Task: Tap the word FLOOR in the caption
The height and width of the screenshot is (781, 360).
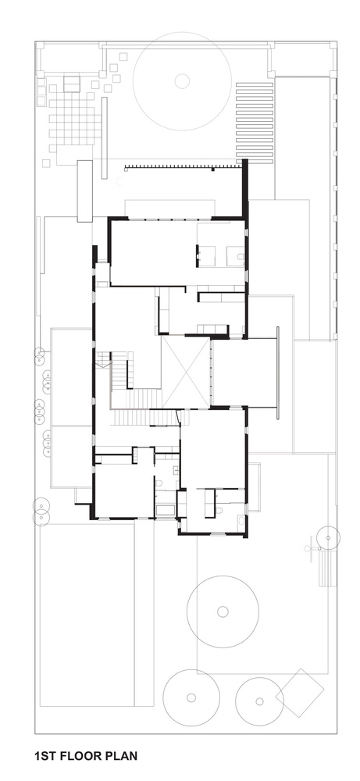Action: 80,756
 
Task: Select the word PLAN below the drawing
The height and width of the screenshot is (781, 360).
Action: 120,756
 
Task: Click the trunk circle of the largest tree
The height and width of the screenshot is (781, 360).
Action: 182,80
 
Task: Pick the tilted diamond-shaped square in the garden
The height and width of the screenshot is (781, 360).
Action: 300,693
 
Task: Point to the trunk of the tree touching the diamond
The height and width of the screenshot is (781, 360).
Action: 259,701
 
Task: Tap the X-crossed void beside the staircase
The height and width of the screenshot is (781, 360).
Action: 186,372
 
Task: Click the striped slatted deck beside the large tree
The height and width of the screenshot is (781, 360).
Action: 255,123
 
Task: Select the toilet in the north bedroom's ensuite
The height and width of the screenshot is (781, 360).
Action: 240,257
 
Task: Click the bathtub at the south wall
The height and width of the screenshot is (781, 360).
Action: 165,510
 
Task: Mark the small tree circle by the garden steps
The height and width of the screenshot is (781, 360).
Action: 328,537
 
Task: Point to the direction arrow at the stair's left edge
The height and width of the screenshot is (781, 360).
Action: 103,365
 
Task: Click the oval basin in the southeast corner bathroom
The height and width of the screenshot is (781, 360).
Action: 241,521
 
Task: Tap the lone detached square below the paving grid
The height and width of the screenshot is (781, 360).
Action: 46,163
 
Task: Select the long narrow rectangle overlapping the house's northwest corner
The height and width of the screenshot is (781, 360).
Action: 84,191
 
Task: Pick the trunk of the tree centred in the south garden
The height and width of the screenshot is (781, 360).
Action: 223,612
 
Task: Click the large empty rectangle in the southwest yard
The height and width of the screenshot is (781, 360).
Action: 87,615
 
